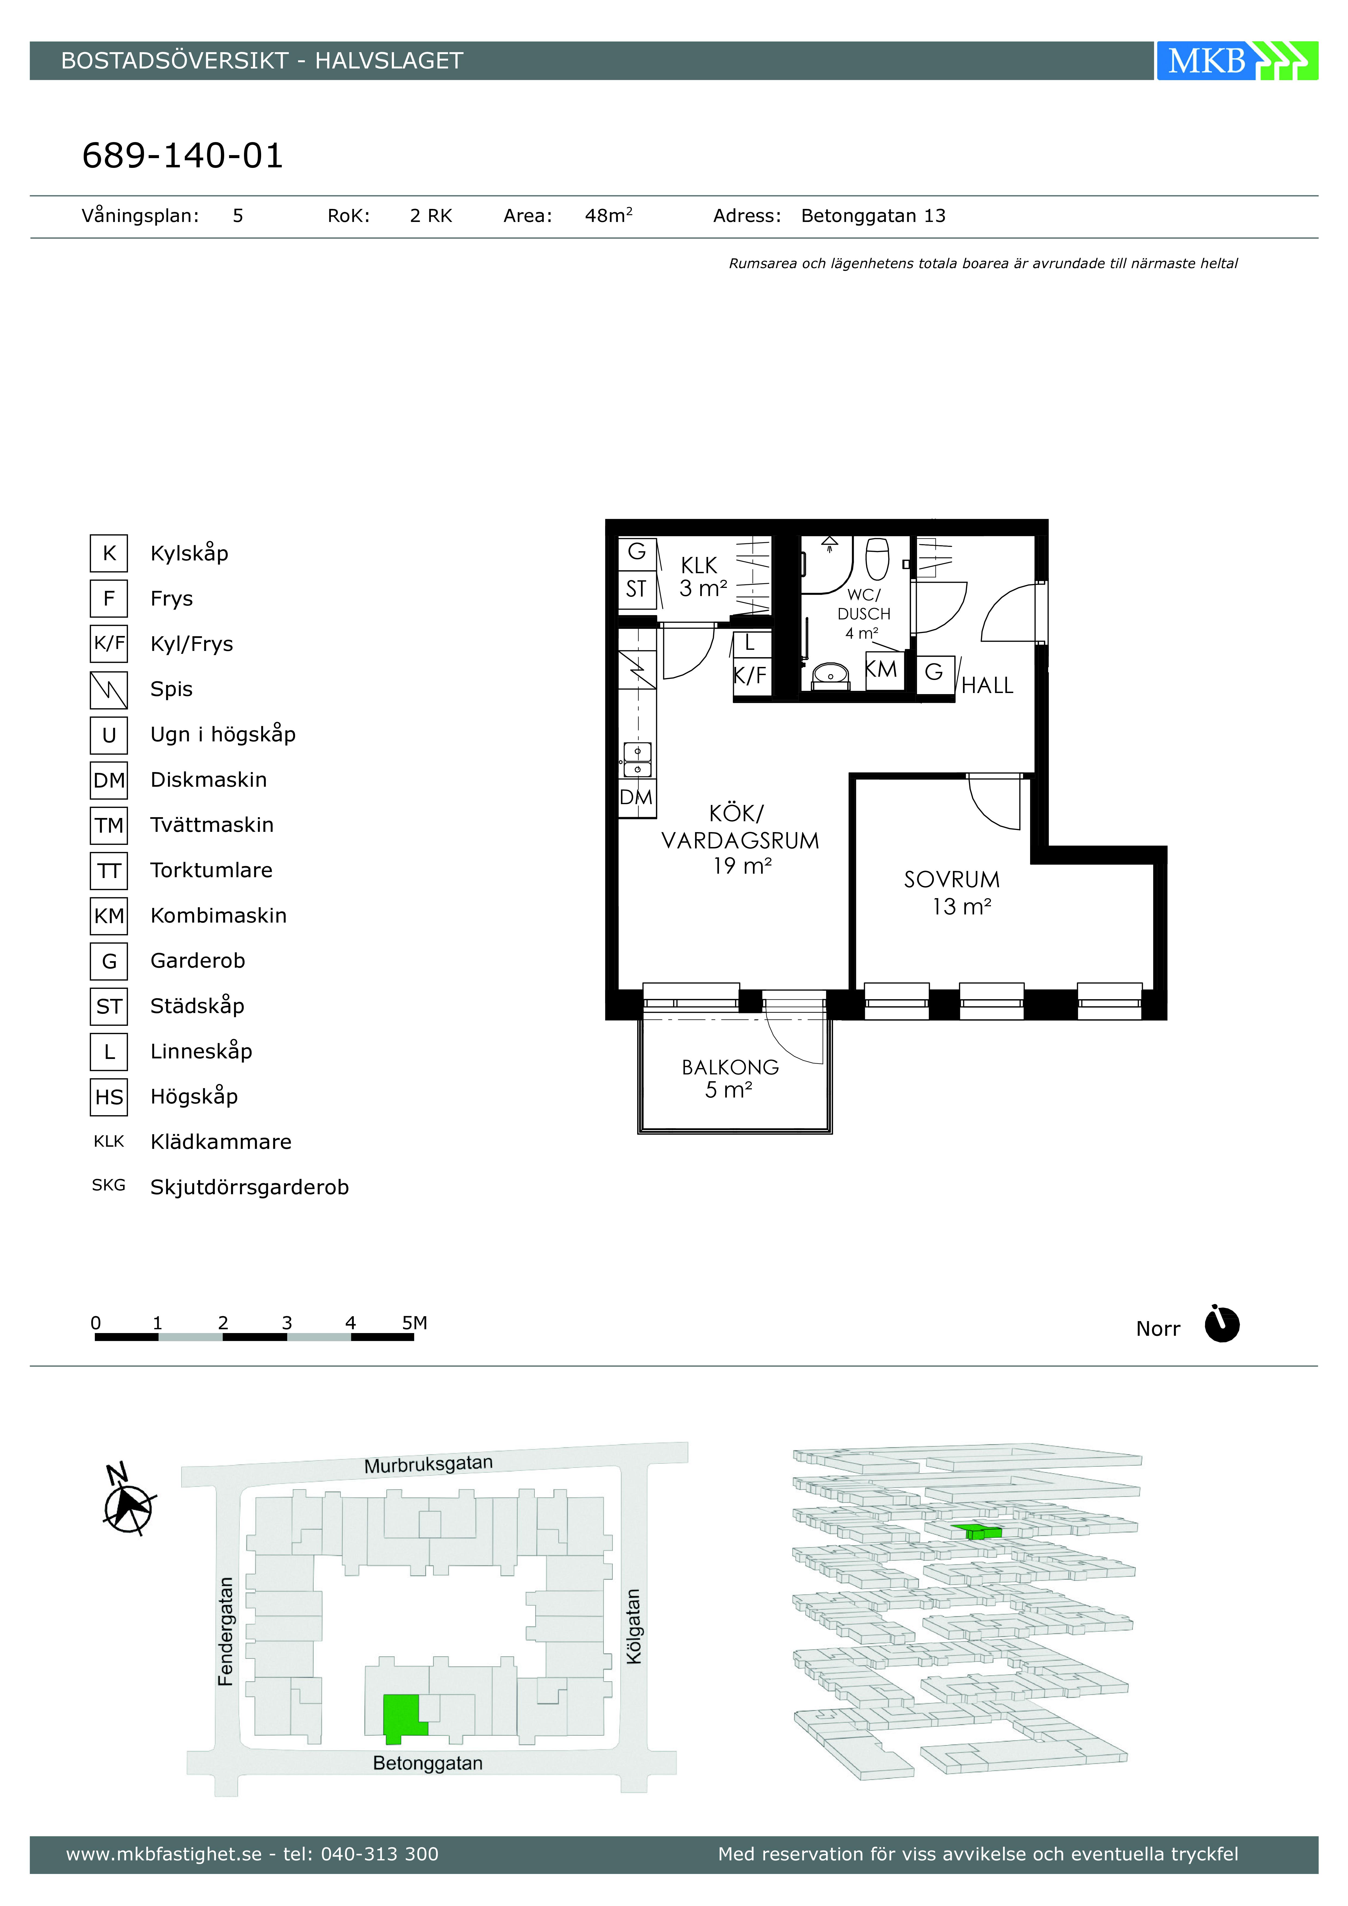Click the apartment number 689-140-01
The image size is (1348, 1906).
183,155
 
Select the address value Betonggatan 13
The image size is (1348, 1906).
873,216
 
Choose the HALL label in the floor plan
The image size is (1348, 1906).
987,686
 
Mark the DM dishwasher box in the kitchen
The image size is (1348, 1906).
636,798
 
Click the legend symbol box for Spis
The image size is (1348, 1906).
109,690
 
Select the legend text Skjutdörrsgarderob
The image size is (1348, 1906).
249,1187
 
